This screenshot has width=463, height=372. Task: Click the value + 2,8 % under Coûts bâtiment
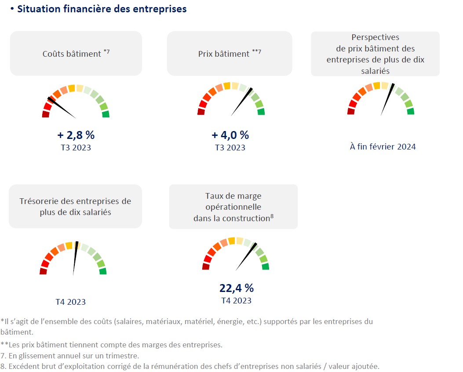(76, 135)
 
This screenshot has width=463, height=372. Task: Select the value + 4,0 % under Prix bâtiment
(230, 135)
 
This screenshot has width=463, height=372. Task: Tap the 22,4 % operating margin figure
(237, 288)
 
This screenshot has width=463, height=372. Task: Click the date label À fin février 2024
(383, 146)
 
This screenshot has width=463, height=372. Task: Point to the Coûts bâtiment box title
(76, 54)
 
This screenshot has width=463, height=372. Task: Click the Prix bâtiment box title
(230, 54)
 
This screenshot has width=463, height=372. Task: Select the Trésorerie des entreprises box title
(75, 207)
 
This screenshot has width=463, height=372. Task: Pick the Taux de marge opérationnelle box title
(233, 207)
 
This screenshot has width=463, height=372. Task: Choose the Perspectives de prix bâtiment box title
(376, 54)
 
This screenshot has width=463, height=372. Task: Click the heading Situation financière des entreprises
(102, 9)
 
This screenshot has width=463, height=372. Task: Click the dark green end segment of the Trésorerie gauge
(103, 271)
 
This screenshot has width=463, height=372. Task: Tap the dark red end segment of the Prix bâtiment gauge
(201, 112)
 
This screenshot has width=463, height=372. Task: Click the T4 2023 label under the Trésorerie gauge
(70, 302)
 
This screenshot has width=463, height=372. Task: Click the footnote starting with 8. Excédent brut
(190, 366)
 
